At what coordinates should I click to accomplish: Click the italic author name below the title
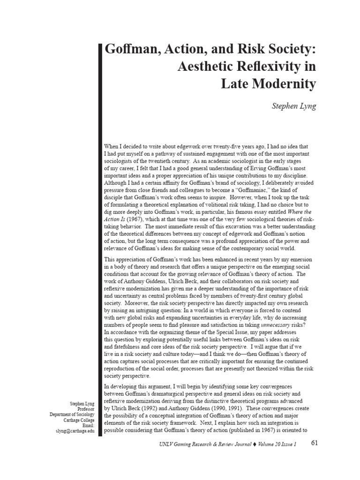[294, 106]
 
